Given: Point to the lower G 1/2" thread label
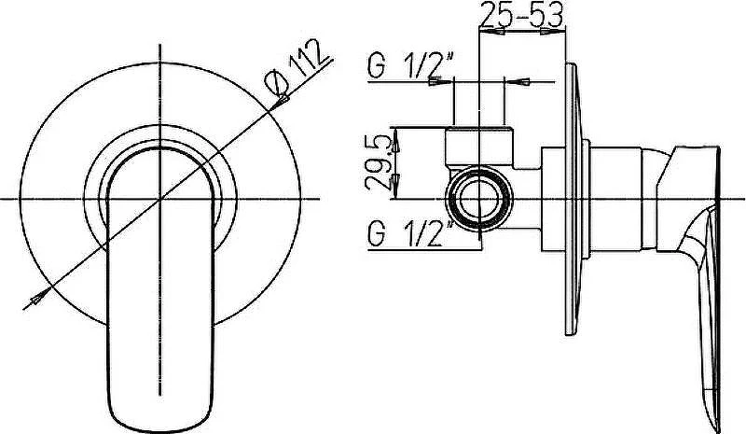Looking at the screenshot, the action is [x=410, y=233].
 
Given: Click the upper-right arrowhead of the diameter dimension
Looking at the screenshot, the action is [x=282, y=101].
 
